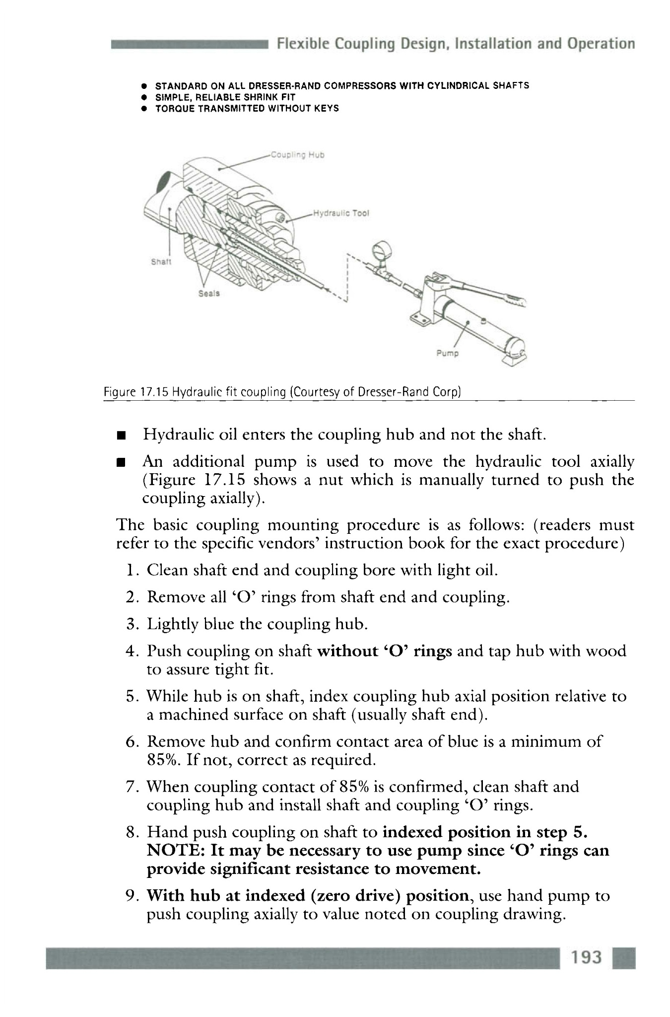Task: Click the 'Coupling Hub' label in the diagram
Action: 297,154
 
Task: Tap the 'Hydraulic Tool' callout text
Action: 341,214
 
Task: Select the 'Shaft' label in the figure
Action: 160,262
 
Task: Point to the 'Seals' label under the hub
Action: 209,293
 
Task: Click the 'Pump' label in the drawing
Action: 448,354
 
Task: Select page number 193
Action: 586,957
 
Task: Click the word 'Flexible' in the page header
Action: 303,44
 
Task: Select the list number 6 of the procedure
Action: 132,742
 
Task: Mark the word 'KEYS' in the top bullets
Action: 327,108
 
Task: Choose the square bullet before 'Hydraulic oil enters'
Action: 120,436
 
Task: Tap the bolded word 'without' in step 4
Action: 347,651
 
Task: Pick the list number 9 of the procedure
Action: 132,896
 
